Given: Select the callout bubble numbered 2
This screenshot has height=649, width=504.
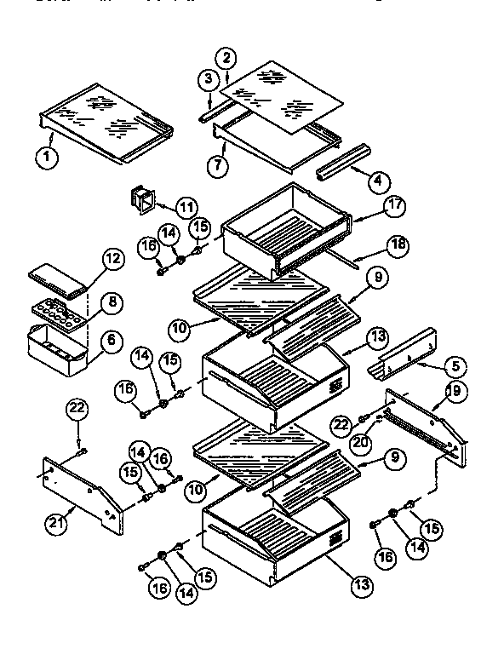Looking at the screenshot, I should tap(226, 58).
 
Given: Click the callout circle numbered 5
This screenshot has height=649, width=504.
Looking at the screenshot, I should tap(454, 366).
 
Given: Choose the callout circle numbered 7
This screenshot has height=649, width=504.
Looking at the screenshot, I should tap(220, 164).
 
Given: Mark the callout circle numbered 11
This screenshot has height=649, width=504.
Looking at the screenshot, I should tap(184, 207).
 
